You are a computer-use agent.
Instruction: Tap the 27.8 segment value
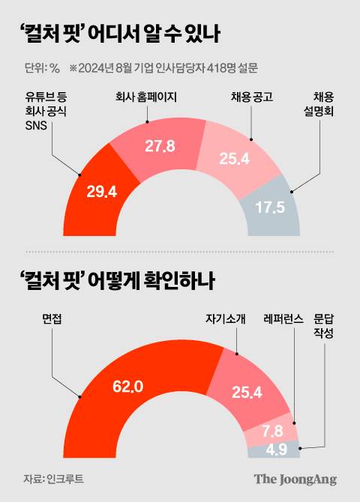[160, 146]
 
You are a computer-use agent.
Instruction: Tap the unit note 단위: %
[42, 68]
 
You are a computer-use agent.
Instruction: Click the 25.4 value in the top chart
[217, 160]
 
